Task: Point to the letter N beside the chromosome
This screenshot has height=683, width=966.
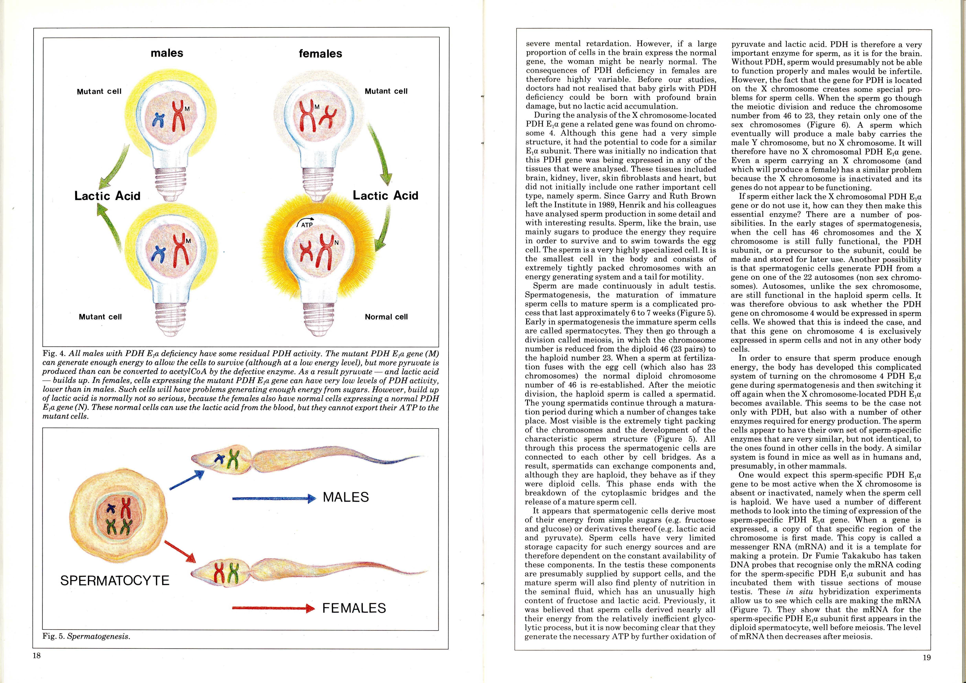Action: (336, 243)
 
